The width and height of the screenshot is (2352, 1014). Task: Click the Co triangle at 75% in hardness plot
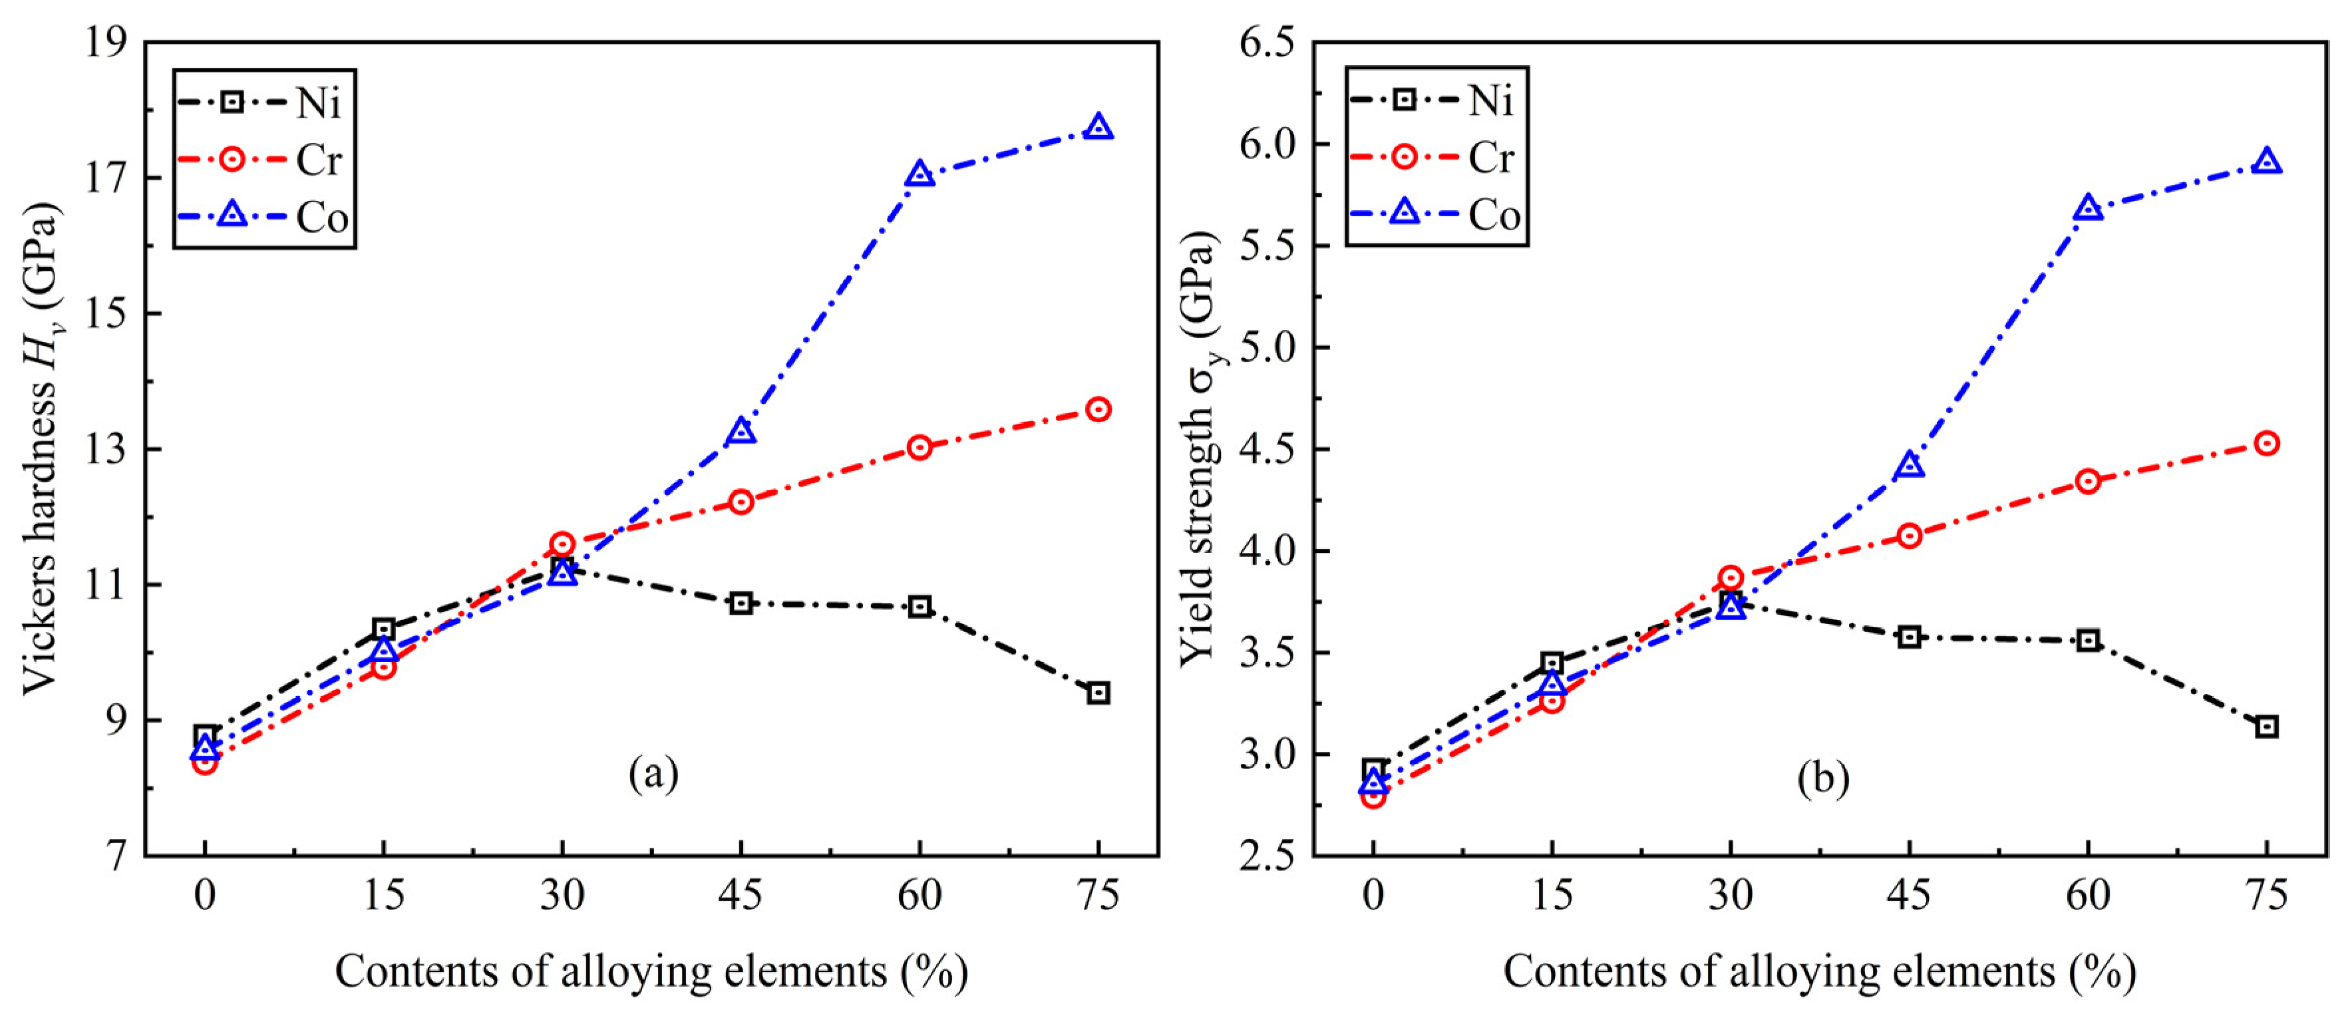tap(1098, 128)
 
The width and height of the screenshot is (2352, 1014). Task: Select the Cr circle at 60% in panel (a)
tap(920, 447)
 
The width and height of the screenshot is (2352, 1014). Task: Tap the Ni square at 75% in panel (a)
tap(1098, 693)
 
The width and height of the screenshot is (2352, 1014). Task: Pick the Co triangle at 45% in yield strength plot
tap(1909, 466)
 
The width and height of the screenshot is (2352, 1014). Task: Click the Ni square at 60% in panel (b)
tap(2088, 640)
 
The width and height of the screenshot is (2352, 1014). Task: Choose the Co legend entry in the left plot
tap(265, 217)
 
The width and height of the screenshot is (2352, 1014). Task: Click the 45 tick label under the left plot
tap(741, 896)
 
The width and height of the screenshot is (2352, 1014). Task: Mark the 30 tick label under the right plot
tap(1730, 896)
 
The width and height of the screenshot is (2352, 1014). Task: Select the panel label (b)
tap(1822, 778)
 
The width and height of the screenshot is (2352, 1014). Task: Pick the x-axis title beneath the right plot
tap(1820, 972)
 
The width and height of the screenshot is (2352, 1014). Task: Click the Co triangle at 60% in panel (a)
tap(920, 174)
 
